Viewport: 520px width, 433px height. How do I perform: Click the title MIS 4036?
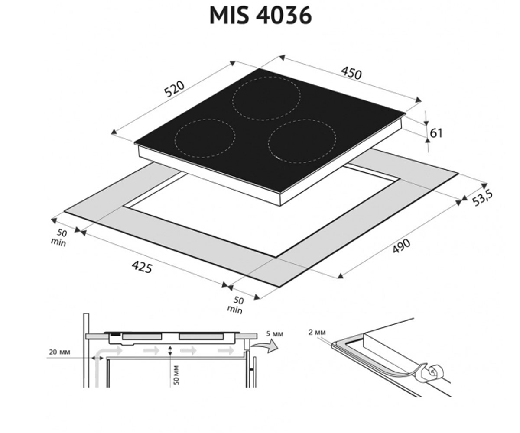tap(260, 16)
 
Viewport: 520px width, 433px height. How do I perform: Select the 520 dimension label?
tap(175, 89)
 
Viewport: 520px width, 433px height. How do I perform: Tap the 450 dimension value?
tap(351, 73)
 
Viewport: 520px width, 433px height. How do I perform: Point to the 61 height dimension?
tap(436, 133)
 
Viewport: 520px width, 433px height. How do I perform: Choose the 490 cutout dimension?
tap(401, 246)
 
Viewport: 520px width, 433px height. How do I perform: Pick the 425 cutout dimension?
tap(142, 267)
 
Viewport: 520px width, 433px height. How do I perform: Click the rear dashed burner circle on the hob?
tap(266, 99)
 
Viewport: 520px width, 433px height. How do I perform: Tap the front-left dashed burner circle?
tap(205, 139)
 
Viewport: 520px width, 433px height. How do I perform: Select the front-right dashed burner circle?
tap(302, 141)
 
